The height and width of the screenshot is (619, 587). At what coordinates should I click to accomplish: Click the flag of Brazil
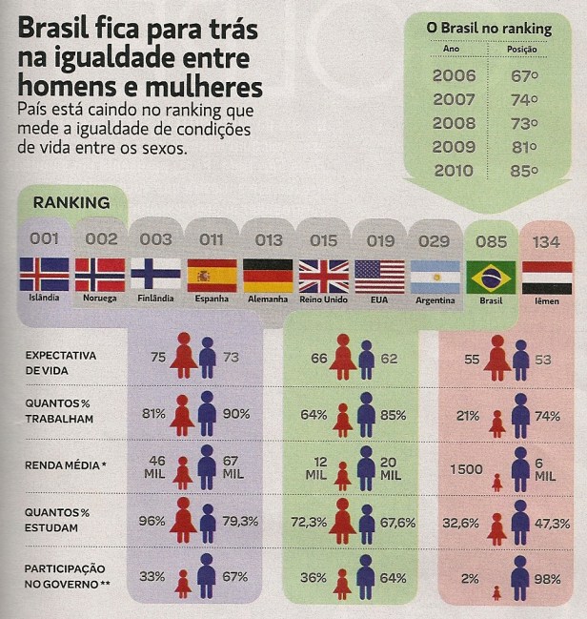(491, 277)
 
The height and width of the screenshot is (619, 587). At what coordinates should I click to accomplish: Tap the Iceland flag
(44, 274)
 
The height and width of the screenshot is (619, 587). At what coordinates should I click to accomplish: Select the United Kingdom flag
(323, 276)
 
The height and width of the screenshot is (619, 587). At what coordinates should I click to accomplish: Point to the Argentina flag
(435, 277)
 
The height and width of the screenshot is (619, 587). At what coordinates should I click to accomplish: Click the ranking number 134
(546, 242)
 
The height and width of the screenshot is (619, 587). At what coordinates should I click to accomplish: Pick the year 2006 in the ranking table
(454, 73)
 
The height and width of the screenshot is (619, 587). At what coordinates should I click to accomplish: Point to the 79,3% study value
(236, 522)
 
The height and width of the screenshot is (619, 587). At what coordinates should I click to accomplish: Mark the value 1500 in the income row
(467, 468)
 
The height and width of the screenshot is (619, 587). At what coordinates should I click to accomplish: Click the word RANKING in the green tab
(71, 202)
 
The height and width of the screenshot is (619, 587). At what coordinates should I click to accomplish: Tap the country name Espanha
(212, 299)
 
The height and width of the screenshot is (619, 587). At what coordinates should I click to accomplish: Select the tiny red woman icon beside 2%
(496, 592)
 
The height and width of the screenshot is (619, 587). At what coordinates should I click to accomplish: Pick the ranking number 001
(45, 239)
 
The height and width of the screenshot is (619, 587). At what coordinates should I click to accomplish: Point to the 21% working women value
(468, 415)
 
